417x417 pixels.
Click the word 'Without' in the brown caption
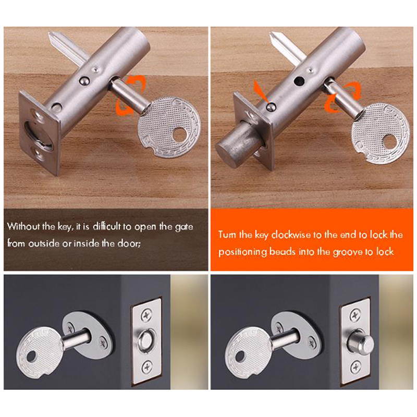23,226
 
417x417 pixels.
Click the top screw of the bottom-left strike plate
147,315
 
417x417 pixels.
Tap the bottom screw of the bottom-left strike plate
147,367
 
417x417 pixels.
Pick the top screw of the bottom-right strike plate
355,316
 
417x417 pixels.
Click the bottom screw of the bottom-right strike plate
355,367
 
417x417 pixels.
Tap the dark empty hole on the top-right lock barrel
299,81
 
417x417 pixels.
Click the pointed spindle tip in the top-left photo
50,34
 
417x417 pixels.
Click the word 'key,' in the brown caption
65,227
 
